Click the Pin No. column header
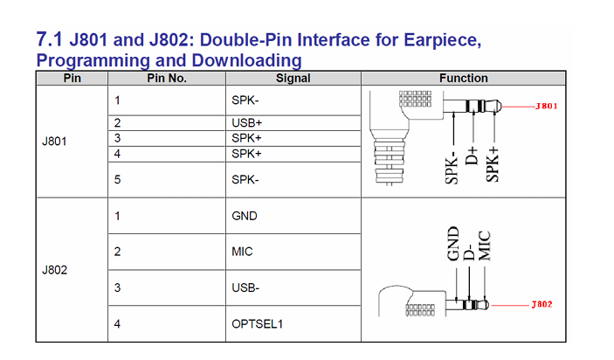pos(167,79)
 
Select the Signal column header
pos(293,79)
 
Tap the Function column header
pos(463,79)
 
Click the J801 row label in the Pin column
pos(54,142)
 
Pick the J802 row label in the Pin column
pos(54,270)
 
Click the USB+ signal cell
pos(246,123)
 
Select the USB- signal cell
pos(245,288)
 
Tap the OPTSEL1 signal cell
pos(257,324)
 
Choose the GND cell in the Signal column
pos(245,216)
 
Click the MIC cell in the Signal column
pos(242,252)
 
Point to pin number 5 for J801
pos(117,180)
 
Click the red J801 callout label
pos(546,106)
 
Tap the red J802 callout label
pos(542,304)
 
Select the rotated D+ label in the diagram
pos(472,156)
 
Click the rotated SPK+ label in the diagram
pos(493,164)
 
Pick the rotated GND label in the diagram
pos(452,243)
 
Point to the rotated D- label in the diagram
pos(469,251)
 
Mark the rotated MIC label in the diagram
pos(485,246)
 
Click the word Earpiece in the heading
pos(443,40)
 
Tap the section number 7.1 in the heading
pos(49,39)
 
